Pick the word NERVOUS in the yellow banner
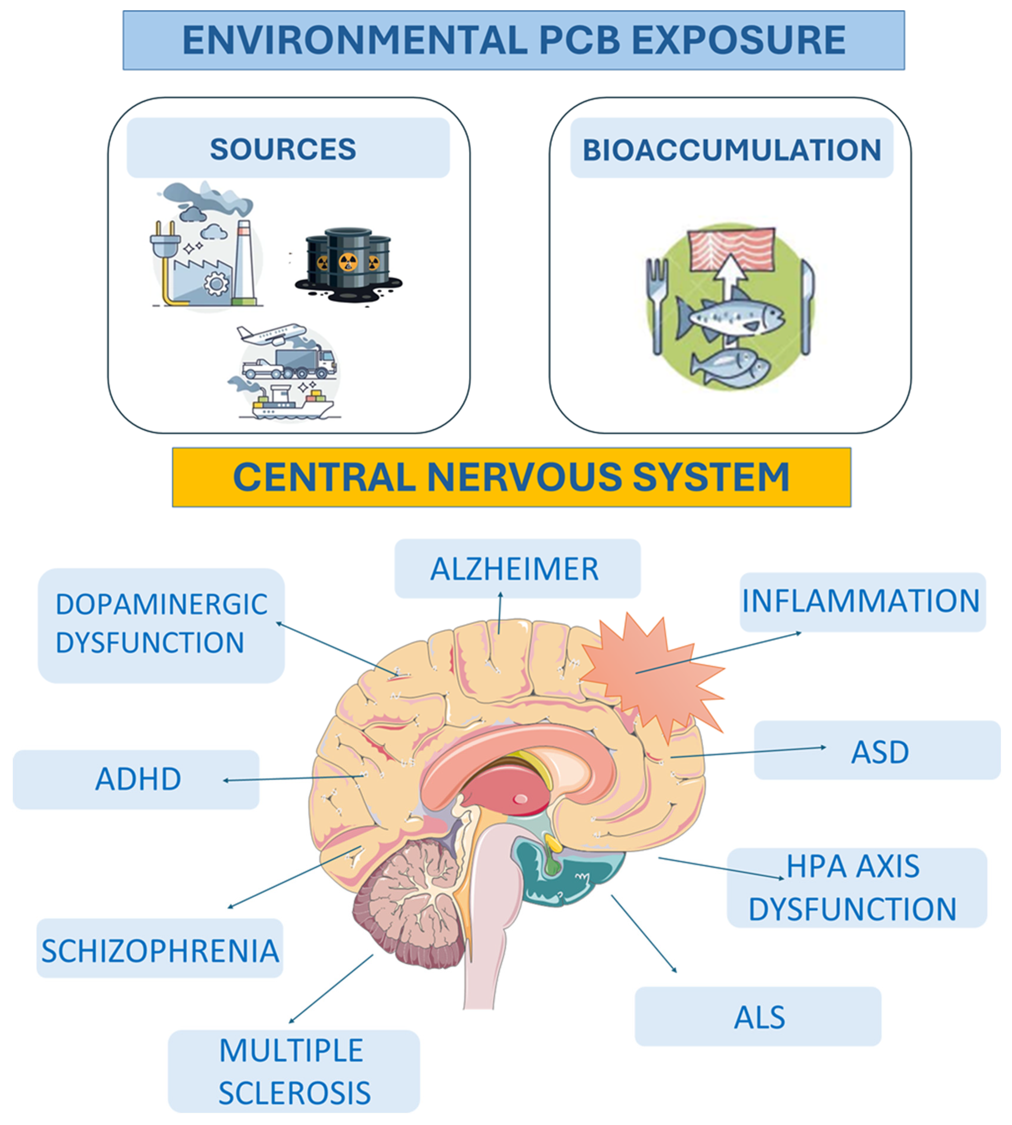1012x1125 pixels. [524, 477]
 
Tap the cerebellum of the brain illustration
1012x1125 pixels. [410, 901]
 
